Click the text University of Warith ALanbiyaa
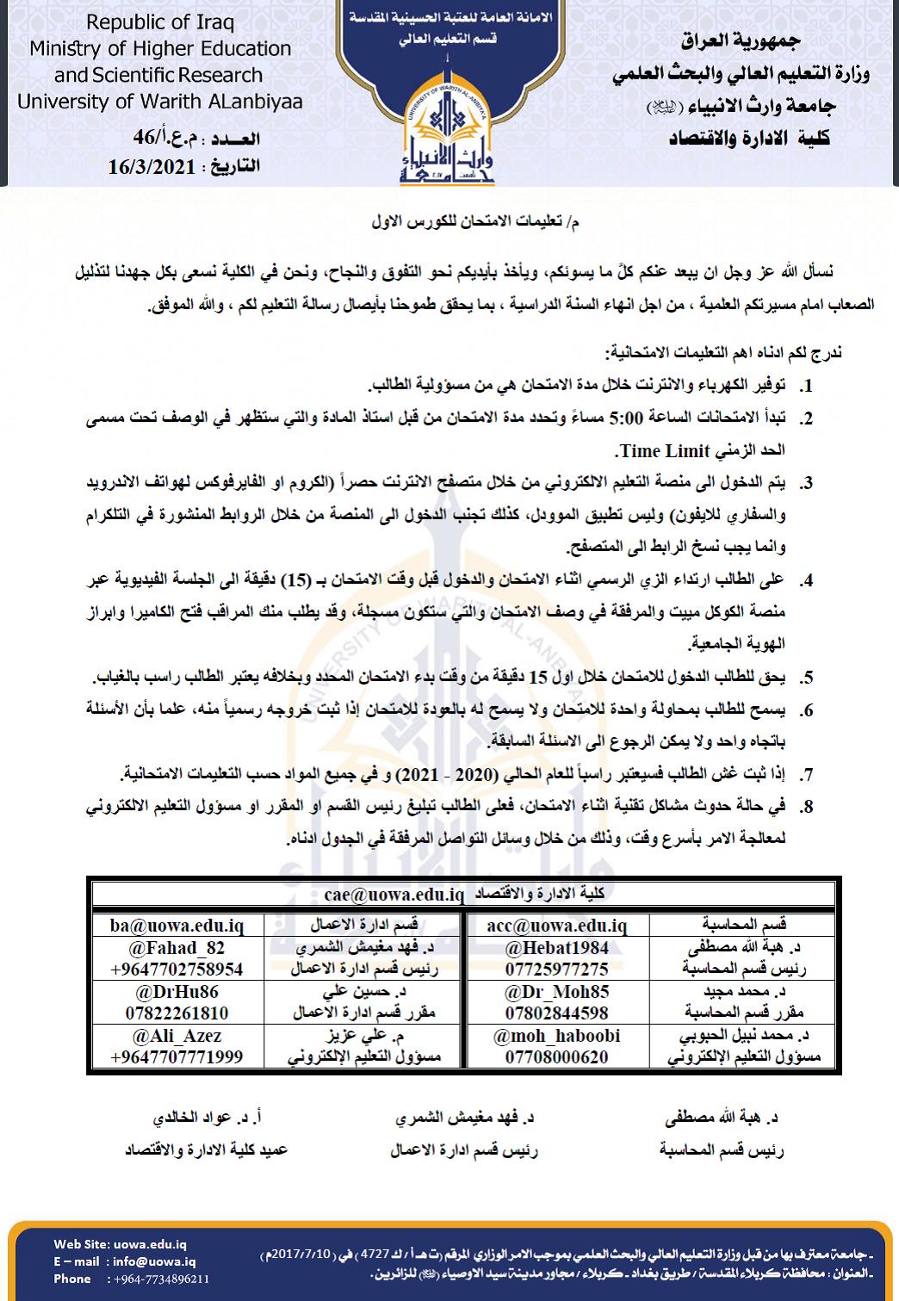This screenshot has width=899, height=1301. [160, 102]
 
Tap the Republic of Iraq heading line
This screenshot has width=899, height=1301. [160, 22]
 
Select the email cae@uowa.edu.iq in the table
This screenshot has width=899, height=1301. [394, 894]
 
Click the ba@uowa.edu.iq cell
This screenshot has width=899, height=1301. [177, 926]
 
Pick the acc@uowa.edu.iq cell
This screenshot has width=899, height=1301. [556, 926]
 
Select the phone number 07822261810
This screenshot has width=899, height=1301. [177, 1013]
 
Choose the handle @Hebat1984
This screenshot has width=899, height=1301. [556, 948]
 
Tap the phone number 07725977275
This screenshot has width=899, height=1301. [556, 969]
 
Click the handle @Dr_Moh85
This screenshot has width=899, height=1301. [556, 992]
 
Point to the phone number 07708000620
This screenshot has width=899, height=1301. [556, 1056]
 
